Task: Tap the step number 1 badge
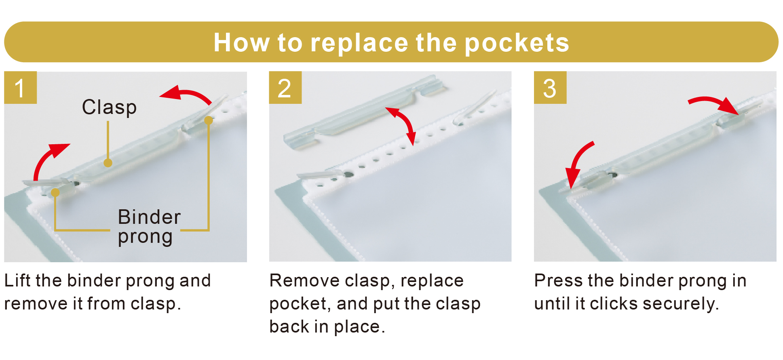click(x=20, y=88)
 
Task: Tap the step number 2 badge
click(x=285, y=88)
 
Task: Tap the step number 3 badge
click(x=550, y=88)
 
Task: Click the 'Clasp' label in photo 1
click(x=109, y=107)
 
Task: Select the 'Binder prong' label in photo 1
click(x=149, y=227)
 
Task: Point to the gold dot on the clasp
click(x=108, y=163)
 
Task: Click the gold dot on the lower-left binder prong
click(x=55, y=193)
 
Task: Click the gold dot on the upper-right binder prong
click(x=209, y=120)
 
